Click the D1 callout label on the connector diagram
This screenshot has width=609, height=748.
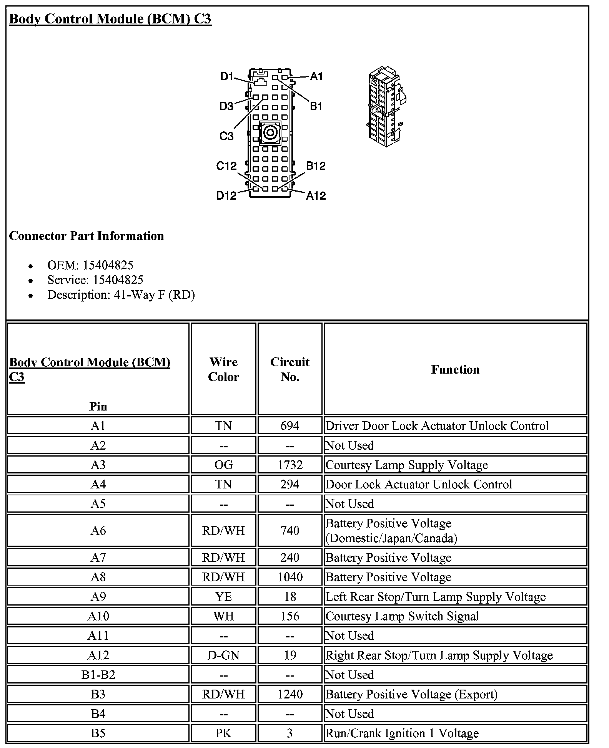226,76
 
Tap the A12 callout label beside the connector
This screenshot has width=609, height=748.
316,195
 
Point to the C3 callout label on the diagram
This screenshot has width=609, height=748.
226,136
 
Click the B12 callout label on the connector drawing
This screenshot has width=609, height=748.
316,166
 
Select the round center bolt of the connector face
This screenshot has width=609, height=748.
270,133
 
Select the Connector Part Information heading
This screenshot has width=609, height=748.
87,236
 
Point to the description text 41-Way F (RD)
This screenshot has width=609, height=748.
154,295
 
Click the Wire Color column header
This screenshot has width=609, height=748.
223,369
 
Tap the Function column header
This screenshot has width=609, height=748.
455,369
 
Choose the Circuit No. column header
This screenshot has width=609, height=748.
290,369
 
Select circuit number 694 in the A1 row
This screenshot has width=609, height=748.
290,425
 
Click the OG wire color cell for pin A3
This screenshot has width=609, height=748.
223,465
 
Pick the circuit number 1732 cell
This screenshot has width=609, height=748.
290,465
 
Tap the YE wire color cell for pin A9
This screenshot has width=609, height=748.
223,596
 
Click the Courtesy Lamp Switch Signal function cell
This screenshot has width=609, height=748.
402,616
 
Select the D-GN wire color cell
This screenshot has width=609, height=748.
223,655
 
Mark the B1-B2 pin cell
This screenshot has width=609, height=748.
98,675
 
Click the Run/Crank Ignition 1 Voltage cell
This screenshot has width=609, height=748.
402,733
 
